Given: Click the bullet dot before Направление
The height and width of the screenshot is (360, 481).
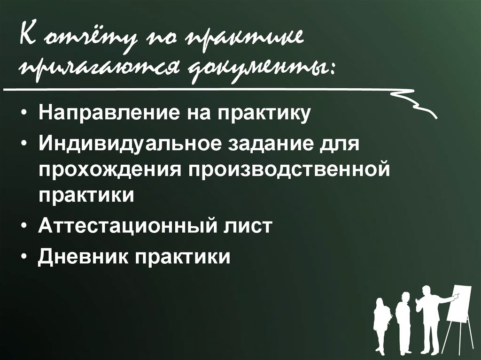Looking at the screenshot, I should coord(24,115).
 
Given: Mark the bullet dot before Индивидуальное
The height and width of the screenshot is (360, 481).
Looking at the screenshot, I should coord(24,143).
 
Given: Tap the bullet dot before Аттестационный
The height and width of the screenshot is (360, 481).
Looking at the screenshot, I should coord(24,226).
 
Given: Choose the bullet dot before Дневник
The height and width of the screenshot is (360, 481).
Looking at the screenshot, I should coord(24,257).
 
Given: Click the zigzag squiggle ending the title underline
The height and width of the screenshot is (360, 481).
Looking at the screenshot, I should coord(413,101).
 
